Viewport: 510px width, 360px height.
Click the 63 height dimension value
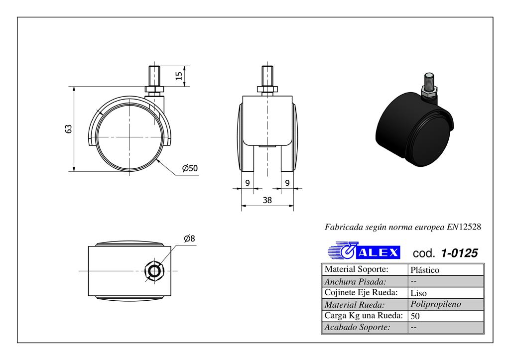[69, 128]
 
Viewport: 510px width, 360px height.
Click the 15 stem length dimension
[178, 75]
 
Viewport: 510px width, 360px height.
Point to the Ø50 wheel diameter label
[190, 168]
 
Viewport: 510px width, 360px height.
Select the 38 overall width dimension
[267, 201]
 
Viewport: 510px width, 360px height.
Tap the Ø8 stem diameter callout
[189, 239]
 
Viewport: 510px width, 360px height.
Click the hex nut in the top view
[154, 271]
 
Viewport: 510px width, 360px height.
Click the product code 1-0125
[459, 253]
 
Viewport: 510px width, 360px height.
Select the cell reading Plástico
[425, 270]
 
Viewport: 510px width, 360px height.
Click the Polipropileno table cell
[436, 304]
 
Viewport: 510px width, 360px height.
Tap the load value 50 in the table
[415, 316]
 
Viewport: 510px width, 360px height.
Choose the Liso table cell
[418, 293]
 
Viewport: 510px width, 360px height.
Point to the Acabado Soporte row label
[357, 327]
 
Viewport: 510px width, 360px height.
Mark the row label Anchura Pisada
[355, 281]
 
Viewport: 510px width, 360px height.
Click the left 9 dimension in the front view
[248, 183]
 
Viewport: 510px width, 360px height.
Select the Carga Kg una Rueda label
[363, 316]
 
